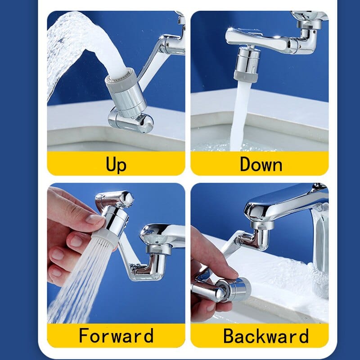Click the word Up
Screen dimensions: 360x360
tap(116, 164)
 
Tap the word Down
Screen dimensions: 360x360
tap(261, 164)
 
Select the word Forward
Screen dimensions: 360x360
tap(116, 336)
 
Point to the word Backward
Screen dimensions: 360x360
tap(266, 336)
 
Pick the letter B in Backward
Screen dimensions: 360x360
tap(229, 336)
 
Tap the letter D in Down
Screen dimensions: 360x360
tap(245, 164)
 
